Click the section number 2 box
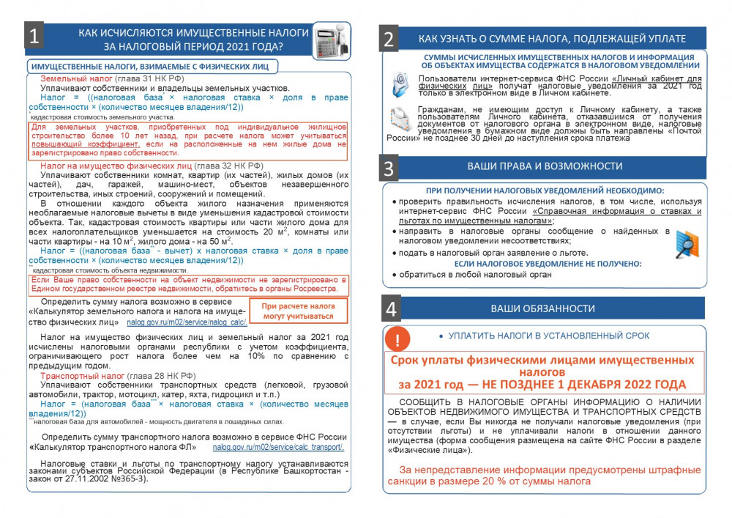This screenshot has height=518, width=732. [389, 39]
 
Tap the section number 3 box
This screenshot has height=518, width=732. [389, 168]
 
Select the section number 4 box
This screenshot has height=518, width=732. [392, 308]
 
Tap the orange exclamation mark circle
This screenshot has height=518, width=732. [397, 340]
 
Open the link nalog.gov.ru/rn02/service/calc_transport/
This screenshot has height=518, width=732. [278, 447]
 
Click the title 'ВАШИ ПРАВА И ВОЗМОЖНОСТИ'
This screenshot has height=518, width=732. [545, 166]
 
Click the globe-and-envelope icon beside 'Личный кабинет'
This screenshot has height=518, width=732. [400, 85]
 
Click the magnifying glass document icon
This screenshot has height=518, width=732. [686, 244]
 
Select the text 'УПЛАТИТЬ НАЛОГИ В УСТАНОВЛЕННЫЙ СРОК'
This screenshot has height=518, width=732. [548, 336]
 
